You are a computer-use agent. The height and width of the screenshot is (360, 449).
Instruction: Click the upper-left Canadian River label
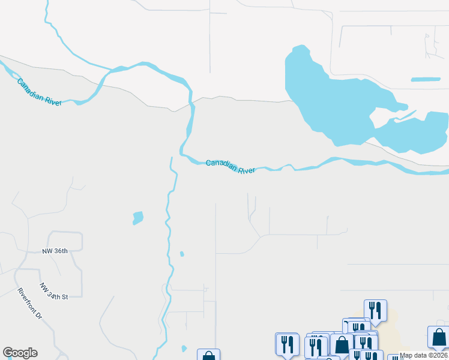click(40, 92)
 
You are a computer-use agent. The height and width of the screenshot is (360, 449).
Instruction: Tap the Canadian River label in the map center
click(231, 166)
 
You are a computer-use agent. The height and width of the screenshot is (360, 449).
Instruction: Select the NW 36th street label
click(55, 251)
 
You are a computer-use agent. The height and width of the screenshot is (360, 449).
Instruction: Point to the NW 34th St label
click(55, 292)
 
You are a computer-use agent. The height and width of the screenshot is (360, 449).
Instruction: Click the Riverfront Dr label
click(30, 304)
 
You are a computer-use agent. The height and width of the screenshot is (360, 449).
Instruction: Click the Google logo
click(20, 353)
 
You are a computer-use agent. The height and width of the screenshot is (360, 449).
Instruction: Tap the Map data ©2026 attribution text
click(424, 355)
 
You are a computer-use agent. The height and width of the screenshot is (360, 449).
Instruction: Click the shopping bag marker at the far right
click(438, 337)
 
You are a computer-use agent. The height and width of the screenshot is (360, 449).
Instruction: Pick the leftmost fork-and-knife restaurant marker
click(286, 344)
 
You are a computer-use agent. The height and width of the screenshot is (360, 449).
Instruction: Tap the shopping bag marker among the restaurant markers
click(342, 344)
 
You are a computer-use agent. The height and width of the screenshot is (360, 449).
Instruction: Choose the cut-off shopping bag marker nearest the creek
click(208, 355)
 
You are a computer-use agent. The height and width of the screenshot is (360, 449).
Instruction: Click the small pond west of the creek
click(138, 217)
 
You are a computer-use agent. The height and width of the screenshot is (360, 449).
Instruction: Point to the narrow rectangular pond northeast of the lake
click(426, 79)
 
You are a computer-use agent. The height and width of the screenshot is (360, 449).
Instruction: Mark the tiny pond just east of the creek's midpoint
click(182, 254)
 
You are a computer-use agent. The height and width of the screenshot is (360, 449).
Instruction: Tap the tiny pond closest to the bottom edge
click(184, 348)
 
